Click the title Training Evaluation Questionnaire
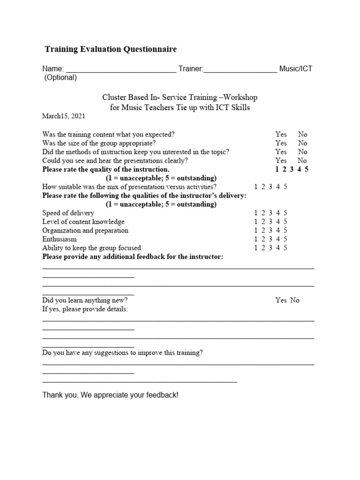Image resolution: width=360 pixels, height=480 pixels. coord(111,49)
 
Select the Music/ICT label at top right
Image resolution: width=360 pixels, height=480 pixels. coord(296,69)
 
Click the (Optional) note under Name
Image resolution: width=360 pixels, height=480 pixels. coord(60,78)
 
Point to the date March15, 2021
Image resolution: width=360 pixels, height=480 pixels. coord(64,116)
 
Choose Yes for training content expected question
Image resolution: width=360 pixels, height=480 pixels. coord(281,134)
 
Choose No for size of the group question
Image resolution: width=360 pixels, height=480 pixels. coord(303,143)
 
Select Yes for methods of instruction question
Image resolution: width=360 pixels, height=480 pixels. coord(281,152)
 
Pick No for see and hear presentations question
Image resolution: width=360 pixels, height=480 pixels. coord(303,160)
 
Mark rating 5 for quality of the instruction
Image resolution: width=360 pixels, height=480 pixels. coord(306,169)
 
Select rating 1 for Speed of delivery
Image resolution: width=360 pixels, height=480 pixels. coord(256,213)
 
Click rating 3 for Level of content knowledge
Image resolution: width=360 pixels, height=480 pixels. coord(271,221)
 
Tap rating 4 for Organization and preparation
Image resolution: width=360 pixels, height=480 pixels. coord(278,230)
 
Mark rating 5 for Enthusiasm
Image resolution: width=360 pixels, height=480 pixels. coord(285,239)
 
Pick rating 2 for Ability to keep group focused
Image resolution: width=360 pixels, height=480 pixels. coord(264,248)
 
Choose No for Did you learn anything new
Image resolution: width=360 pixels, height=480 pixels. coord(294,300)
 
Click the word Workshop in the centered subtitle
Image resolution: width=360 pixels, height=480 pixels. coord(240,97)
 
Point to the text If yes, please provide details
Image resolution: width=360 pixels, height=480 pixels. coord(85,309)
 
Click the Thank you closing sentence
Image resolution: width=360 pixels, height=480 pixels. coord(110,396)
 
